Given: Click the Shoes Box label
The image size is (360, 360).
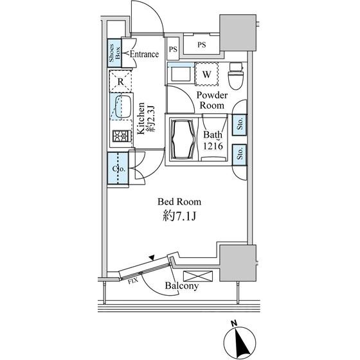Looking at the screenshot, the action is coord(114,53).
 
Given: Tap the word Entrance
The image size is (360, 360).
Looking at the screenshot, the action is coord(144,54).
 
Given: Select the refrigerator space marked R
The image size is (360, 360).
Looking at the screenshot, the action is coord(121,81).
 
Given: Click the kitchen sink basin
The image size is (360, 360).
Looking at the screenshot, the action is coord(123,106).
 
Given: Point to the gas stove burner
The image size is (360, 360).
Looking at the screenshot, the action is coord(122,136).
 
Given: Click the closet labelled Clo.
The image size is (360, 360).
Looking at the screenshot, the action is coord(118,168).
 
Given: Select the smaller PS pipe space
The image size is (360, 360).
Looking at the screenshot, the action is coord(173,49).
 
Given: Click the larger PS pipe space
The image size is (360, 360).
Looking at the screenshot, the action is coord(202,44).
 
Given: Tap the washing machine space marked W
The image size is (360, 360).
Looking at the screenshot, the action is coord(206,74).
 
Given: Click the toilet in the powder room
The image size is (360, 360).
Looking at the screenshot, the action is coord(236,76).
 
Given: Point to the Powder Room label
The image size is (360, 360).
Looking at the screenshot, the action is coord(212,100).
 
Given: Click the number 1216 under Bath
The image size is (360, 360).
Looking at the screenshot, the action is coord(213,146).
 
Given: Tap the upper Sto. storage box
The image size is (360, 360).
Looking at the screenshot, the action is coord(239,125).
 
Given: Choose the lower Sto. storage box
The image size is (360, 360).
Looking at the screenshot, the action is coord(239,154).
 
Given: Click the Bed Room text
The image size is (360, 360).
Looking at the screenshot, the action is coord(179,202).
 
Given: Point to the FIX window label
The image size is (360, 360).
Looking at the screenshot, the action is coord(132,281).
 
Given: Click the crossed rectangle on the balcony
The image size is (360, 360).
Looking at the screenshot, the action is coord(198,276).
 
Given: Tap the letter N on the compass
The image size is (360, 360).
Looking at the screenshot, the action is coord(234,323).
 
